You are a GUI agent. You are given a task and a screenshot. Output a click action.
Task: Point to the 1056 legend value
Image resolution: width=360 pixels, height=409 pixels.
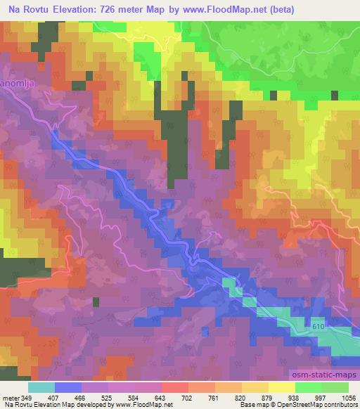point(347,398)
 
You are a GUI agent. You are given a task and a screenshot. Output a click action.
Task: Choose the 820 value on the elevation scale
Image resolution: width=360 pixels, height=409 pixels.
point(241,398)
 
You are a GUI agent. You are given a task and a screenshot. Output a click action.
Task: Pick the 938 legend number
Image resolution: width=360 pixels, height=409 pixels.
point(295,398)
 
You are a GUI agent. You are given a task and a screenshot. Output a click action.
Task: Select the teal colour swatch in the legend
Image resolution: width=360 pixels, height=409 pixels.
point(41,387)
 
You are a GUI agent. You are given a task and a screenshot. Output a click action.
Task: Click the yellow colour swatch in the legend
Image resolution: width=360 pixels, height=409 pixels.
point(281,387)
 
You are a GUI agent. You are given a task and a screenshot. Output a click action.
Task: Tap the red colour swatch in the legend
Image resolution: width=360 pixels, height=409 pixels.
point(174,387)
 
